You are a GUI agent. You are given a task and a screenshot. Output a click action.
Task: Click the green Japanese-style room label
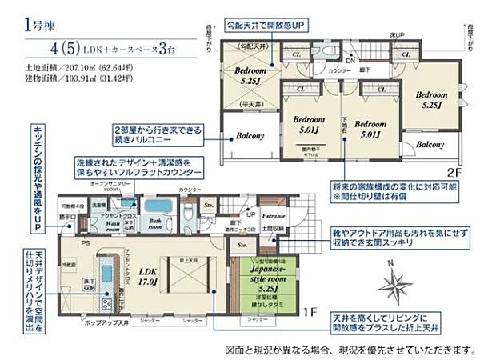click(258, 284)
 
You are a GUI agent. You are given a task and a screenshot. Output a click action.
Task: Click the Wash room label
click(121, 224)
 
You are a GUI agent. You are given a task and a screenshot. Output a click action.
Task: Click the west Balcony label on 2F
click(250, 136)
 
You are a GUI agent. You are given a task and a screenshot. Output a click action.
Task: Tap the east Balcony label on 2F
click(430, 145)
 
